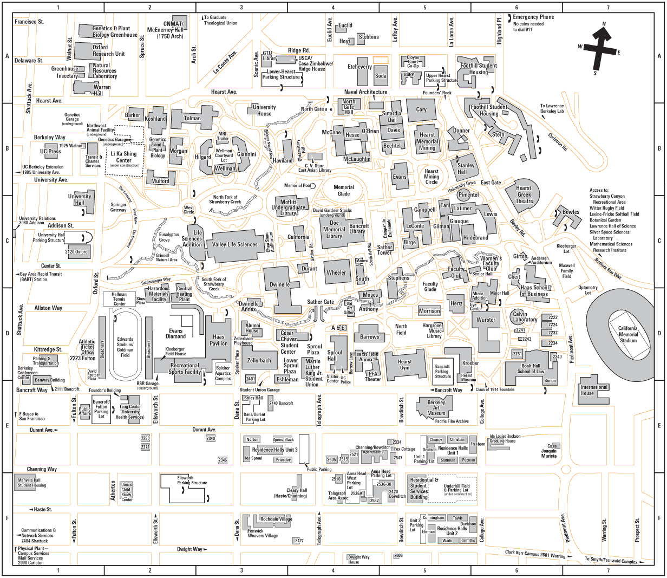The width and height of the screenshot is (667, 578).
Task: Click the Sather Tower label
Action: click(385, 250)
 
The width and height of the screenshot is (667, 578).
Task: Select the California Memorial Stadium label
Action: click(628, 334)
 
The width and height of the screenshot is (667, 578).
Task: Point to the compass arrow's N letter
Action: click(604, 24)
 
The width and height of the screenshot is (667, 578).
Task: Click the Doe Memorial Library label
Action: click(334, 229)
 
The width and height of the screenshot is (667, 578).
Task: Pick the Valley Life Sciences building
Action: click(235, 244)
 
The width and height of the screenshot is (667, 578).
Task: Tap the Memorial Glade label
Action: click(344, 190)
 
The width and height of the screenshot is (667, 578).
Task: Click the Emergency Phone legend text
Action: click(533, 17)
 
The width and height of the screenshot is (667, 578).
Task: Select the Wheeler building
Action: click(336, 272)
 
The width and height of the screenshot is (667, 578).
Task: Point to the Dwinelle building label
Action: click(280, 284)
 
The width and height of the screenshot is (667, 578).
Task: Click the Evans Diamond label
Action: click(176, 333)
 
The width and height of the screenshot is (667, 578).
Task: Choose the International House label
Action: click(594, 390)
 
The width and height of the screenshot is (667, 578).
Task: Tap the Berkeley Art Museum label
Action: click(436, 408)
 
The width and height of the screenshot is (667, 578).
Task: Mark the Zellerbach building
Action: click(259, 360)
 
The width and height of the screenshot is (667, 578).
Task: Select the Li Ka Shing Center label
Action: click(124, 157)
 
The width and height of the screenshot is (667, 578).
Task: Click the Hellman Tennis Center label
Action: click(119, 299)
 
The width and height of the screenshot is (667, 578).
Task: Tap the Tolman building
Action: click(192, 118)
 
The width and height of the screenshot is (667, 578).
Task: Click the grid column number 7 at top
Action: click(608, 8)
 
